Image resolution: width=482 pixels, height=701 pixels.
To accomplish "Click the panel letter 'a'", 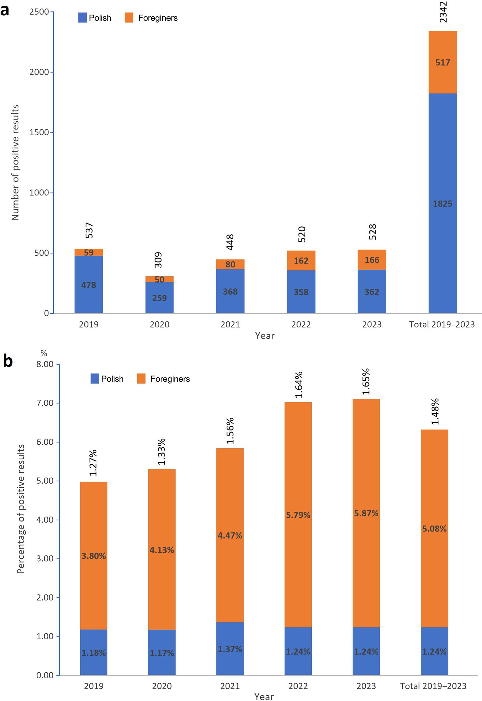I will (x=5, y=11).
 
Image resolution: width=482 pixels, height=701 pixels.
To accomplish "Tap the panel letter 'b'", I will (x=8, y=361).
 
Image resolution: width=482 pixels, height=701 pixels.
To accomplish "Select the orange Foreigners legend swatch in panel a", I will (x=129, y=18).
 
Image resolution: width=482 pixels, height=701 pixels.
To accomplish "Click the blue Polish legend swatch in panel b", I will (x=95, y=378).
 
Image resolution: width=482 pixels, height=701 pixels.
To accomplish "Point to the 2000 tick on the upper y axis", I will (x=39, y=72).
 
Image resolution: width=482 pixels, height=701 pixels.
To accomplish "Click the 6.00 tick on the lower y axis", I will (x=45, y=442).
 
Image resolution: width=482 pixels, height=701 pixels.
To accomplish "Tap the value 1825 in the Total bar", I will (x=443, y=204).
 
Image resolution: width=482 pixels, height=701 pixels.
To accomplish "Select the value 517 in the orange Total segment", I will (x=443, y=63).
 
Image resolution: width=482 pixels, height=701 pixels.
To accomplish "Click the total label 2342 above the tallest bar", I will (x=443, y=12).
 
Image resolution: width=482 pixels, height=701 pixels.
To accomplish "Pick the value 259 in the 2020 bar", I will (x=159, y=298).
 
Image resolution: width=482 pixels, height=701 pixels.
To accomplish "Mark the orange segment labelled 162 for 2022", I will (x=301, y=260).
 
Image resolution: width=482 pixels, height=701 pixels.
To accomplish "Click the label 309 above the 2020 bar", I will (x=158, y=260).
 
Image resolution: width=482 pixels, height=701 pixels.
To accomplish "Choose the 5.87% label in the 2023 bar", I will (x=366, y=513).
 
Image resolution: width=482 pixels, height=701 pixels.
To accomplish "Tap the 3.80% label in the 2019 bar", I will (x=93, y=556).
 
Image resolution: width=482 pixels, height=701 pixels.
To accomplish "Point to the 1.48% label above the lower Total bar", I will (x=435, y=411).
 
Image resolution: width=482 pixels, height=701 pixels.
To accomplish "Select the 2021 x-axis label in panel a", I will (x=230, y=324).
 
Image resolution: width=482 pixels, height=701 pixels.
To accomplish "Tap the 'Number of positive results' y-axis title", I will (x=15, y=162).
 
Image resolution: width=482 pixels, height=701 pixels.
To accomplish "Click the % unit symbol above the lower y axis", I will (x=44, y=353).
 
